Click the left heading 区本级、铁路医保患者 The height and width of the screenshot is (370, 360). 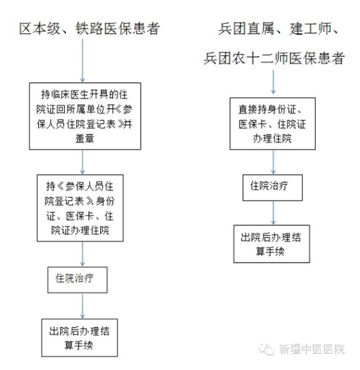pyautogui.click(x=89, y=29)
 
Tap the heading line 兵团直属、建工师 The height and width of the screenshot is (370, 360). pyautogui.click(x=278, y=29)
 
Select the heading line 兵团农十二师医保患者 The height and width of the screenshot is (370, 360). pyautogui.click(x=274, y=58)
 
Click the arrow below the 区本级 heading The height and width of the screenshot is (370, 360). pyautogui.click(x=82, y=61)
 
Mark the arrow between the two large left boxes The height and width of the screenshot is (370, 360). pyautogui.click(x=82, y=162)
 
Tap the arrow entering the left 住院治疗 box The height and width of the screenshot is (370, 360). pyautogui.click(x=82, y=254)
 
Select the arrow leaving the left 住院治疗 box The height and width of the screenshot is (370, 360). pyautogui.click(x=82, y=306)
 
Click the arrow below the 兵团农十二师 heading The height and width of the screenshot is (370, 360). pyautogui.click(x=274, y=82)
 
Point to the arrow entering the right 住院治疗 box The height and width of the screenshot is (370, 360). pyautogui.click(x=274, y=162)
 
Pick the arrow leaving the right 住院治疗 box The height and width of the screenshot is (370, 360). pyautogui.click(x=274, y=213)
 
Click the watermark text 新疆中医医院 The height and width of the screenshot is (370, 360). pyautogui.click(x=312, y=349)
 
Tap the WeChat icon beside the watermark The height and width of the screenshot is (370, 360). pyautogui.click(x=267, y=349)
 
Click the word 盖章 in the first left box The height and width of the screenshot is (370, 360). pyautogui.click(x=85, y=138)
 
